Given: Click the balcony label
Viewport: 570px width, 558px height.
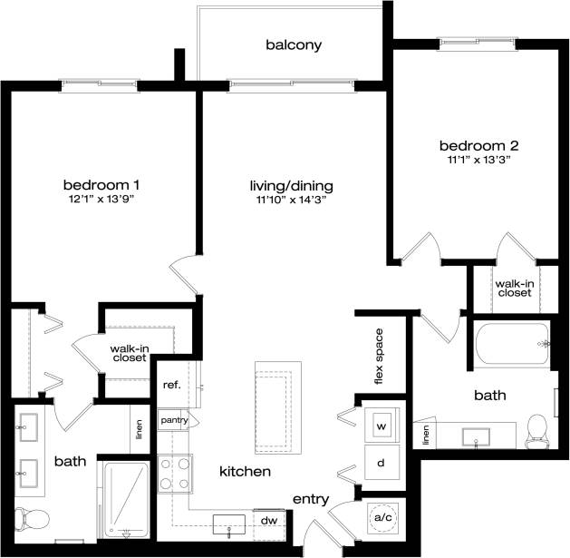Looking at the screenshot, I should [294, 44].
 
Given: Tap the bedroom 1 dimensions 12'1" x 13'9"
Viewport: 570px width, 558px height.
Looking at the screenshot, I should [107, 199].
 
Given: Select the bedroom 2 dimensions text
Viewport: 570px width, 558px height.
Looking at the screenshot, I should [479, 161].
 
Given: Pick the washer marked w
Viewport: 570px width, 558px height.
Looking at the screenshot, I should [381, 426].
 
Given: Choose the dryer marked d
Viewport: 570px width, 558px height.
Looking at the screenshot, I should [381, 463].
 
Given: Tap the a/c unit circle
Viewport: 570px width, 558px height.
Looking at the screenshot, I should [382, 517].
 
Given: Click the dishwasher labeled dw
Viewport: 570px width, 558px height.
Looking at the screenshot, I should [268, 520].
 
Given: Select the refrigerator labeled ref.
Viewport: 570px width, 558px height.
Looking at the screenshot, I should [172, 385].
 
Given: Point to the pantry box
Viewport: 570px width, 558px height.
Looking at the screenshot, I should [173, 421].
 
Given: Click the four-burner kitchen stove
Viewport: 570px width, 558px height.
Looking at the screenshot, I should [174, 472].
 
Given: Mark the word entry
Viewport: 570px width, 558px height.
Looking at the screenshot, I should [309, 499].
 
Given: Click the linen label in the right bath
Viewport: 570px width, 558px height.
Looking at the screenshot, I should [425, 436].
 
